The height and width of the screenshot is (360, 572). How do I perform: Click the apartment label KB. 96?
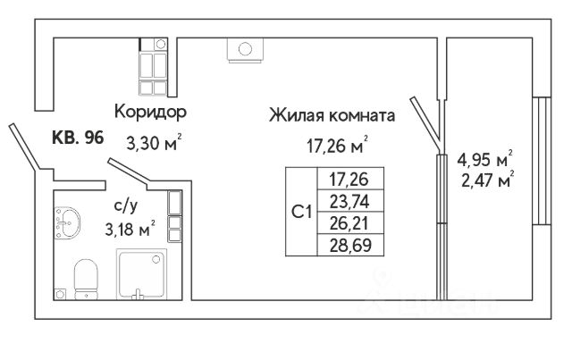coord(79,138)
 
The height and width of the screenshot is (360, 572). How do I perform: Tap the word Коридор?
coord(149,113)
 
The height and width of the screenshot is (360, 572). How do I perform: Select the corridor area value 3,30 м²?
coord(155,139)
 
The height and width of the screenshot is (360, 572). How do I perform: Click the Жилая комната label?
coord(331,115)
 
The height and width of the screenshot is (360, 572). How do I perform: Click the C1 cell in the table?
coord(302,213)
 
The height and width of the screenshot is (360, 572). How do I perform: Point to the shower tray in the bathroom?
coord(142,275)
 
